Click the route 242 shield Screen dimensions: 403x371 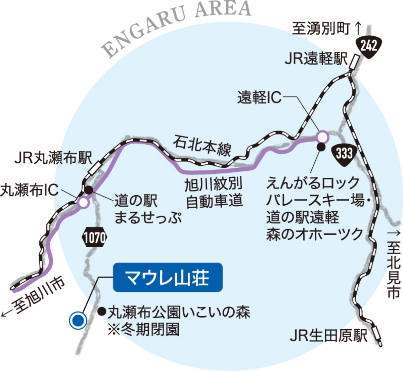(x=368, y=46)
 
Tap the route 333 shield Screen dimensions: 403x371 (x=344, y=154)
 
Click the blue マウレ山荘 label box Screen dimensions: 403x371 (x=168, y=277)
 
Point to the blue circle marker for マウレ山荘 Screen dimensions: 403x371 (x=78, y=320)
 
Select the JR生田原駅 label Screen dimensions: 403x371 (x=329, y=336)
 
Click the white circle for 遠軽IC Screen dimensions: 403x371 (x=322, y=137)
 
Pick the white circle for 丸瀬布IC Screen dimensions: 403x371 (x=83, y=203)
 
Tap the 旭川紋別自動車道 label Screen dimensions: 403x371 (x=214, y=193)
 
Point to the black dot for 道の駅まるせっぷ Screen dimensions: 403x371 (x=89, y=190)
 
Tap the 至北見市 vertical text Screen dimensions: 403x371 (x=393, y=269)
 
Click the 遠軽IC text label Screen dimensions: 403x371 (x=259, y=97)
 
